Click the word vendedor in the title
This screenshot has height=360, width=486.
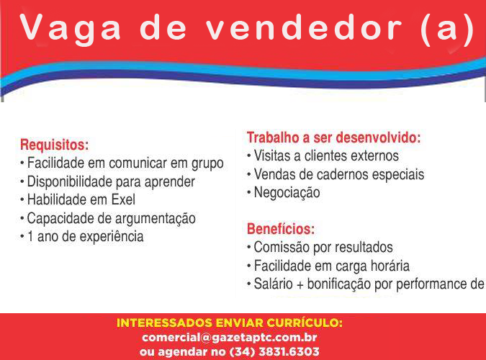click(304, 28)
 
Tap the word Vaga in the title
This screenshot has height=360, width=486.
click(70, 29)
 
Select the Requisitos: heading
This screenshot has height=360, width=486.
click(54, 145)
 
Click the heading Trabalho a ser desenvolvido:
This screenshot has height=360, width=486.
click(334, 138)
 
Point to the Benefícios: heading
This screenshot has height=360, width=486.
click(281, 229)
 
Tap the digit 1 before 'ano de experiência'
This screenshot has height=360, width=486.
click(30, 237)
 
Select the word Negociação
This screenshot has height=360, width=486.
click(287, 193)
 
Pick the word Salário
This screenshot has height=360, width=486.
click(274, 284)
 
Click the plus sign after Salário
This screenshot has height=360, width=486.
click(300, 285)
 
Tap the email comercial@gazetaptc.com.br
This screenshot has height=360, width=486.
click(230, 338)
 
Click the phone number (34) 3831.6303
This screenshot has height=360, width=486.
click(274, 351)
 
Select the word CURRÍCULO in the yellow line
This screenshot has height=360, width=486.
click(305, 323)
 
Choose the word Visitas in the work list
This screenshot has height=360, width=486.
click(272, 156)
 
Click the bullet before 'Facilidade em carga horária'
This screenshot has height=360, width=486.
click(249, 266)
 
